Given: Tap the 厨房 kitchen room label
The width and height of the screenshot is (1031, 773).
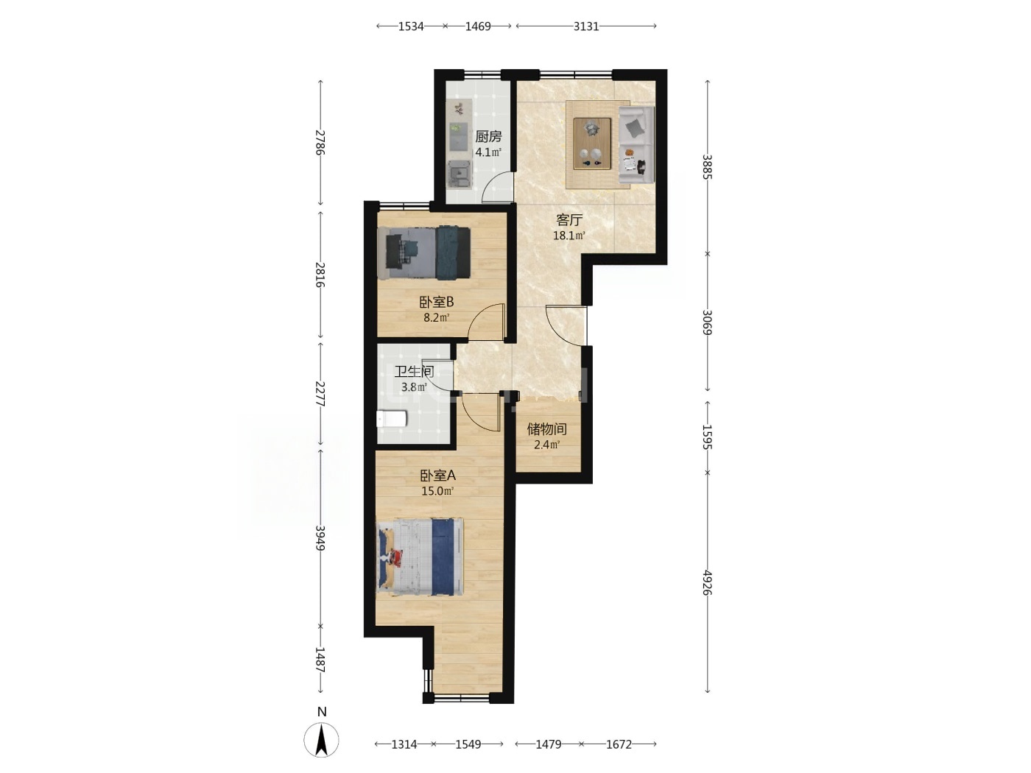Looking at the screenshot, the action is click(x=488, y=137).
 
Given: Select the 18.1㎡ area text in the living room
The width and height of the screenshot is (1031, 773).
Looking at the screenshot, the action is click(x=569, y=236).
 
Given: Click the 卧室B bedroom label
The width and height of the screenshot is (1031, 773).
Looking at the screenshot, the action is click(x=437, y=301).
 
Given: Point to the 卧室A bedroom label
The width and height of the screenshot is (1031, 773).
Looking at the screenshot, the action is click(x=437, y=476).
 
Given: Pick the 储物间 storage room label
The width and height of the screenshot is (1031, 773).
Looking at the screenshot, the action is click(x=546, y=429).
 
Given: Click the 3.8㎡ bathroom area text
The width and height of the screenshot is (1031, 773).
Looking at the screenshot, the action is click(x=414, y=387).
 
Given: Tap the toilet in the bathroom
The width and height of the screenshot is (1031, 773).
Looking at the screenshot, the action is click(x=391, y=419).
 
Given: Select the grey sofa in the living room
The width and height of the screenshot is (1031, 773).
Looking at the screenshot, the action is click(x=636, y=144).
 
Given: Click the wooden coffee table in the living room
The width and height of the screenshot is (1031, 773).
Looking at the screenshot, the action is click(x=592, y=144).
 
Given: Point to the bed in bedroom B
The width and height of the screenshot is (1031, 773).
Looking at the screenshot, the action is click(x=423, y=253).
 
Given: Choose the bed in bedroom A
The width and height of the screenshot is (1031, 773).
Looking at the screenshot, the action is click(x=420, y=557).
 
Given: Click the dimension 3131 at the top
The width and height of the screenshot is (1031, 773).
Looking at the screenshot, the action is click(x=586, y=27).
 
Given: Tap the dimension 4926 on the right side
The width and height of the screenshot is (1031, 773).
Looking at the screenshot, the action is click(x=707, y=583).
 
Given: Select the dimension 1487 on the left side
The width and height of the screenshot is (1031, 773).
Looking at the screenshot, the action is click(x=320, y=660).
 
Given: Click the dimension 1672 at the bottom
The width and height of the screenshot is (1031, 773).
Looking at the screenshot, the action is click(x=619, y=744).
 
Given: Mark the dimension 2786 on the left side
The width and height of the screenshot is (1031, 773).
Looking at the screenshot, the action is click(x=320, y=142).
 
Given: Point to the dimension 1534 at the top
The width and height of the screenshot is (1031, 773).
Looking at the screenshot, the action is click(x=411, y=27).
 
